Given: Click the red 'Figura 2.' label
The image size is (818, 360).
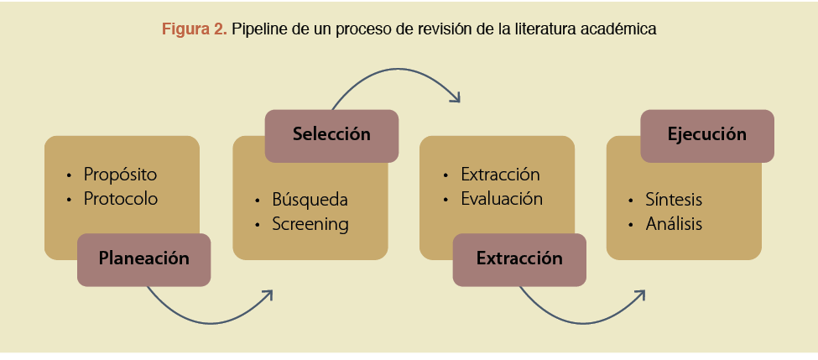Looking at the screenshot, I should pyautogui.click(x=194, y=29).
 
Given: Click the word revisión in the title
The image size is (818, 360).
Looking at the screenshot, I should pyautogui.click(x=446, y=29).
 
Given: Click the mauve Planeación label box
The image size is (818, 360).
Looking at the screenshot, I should pyautogui.click(x=143, y=258).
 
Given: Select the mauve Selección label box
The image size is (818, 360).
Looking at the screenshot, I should pyautogui.click(x=331, y=134).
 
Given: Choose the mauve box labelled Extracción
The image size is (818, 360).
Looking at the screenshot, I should pyautogui.click(x=519, y=258).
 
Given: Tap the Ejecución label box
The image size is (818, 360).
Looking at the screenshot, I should pyautogui.click(x=706, y=134).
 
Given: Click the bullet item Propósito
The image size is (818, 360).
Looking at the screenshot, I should pyautogui.click(x=120, y=175).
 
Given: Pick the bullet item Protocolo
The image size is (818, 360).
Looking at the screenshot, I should pyautogui.click(x=120, y=200).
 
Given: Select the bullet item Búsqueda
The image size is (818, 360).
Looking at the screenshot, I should pyautogui.click(x=309, y=200).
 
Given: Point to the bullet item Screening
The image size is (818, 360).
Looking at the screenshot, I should pyautogui.click(x=310, y=225).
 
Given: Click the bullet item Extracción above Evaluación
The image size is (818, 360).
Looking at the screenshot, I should pyautogui.click(x=500, y=175).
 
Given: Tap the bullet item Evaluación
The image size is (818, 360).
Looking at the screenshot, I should pyautogui.click(x=502, y=200).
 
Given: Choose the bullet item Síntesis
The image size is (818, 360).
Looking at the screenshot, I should pyautogui.click(x=674, y=200).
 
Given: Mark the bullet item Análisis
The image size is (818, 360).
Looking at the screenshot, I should pyautogui.click(x=674, y=225).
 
